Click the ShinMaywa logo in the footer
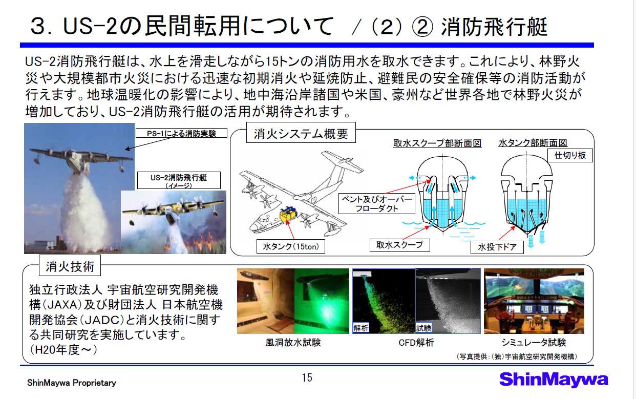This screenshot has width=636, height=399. point(554,380)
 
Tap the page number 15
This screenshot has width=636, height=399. point(307,377)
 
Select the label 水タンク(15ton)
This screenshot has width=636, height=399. point(290,246)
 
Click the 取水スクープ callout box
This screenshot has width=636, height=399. point(399,245)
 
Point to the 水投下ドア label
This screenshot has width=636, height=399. point(497,247)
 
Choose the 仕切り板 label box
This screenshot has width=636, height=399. point(570,155)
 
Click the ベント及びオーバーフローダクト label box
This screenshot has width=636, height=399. point(377,204)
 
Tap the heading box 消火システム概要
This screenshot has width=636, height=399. point(301,133)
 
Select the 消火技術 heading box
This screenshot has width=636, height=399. point(70,265)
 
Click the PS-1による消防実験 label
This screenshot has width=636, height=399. point(181,133)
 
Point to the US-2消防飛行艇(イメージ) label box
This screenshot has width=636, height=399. point(179,180)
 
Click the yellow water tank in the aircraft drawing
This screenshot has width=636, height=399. point(288,214)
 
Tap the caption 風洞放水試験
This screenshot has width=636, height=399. point(293,343)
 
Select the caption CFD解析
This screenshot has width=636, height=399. point(416,343)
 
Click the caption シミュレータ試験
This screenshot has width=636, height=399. point(534,343)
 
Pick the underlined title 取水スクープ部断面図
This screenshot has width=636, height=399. point(437,143)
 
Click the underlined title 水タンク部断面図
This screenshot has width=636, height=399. point(533,143)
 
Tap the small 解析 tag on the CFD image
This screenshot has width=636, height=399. point(361,328)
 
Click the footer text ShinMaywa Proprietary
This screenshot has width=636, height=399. point(72,383)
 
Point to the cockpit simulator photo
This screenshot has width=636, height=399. point(534,301)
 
